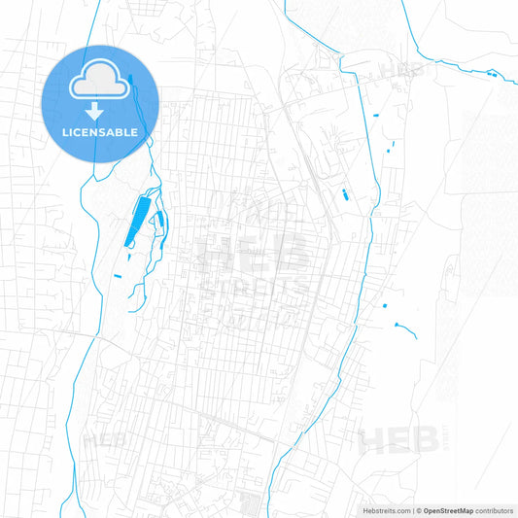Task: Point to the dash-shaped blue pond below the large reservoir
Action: (118, 276)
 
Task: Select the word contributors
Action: (495, 510)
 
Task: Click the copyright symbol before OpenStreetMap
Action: (420, 510)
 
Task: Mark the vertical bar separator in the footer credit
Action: (414, 510)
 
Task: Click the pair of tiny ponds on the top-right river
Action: (492, 75)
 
